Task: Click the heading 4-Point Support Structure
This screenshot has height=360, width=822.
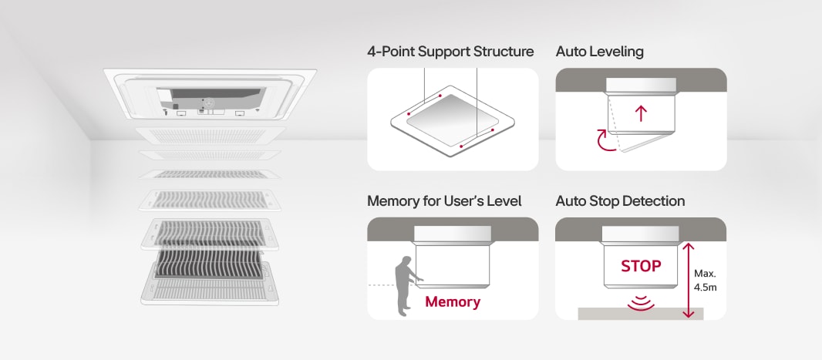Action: (x=450, y=52)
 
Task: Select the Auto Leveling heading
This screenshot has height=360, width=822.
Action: (x=599, y=52)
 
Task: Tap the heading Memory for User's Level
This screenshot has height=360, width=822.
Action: (x=444, y=201)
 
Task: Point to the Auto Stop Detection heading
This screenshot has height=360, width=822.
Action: (x=620, y=201)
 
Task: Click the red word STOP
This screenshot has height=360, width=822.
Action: (x=641, y=266)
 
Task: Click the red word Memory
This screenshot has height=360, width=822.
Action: (x=453, y=301)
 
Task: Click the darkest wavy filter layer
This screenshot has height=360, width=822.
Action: (x=204, y=262)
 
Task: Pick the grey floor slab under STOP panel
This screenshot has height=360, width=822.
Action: (x=641, y=314)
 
